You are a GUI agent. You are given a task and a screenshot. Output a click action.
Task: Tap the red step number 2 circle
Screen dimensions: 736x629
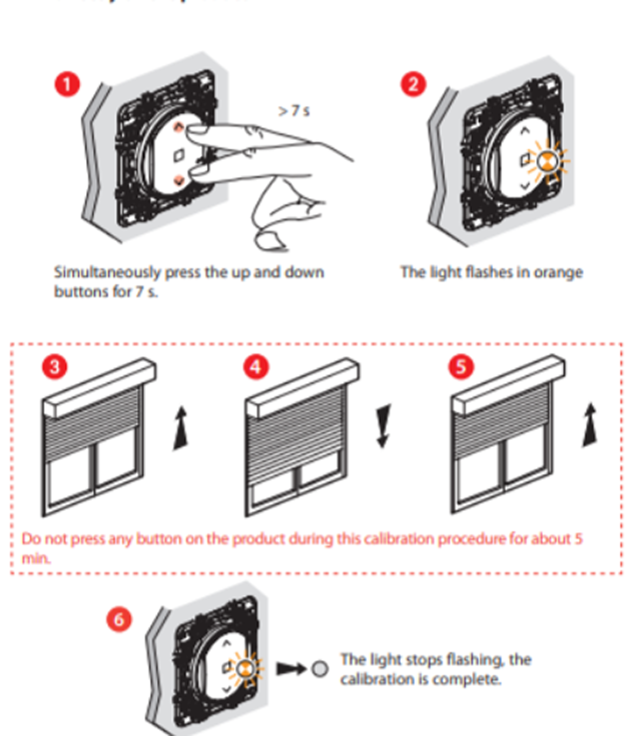[x=413, y=84]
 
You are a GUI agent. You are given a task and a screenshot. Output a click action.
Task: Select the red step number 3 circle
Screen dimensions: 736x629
[x=54, y=367]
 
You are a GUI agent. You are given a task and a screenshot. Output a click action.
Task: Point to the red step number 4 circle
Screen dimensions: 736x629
[x=256, y=367]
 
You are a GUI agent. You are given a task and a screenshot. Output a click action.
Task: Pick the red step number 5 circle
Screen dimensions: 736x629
[x=461, y=367]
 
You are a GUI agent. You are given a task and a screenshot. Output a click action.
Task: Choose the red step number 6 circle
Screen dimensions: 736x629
[x=119, y=620]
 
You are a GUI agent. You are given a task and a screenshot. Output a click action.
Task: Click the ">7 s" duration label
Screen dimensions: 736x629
[x=294, y=111]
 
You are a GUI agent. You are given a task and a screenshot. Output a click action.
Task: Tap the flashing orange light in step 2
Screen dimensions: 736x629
[x=547, y=161]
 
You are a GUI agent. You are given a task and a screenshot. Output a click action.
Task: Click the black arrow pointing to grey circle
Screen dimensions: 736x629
[x=290, y=669]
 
